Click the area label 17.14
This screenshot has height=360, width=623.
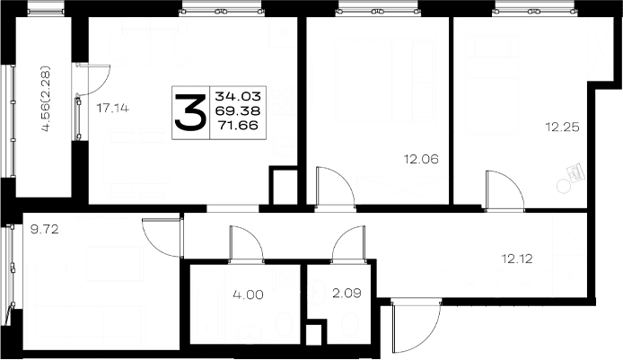pos(113,108)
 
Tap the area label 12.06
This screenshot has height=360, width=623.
pos(421,159)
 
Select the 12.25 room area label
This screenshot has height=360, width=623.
pos(562,127)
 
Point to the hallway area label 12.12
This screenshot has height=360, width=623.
pos(516,259)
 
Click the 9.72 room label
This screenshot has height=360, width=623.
pos(45,229)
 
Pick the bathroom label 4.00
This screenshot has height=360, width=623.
pos(248,294)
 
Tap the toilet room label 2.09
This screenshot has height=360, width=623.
pos(347,294)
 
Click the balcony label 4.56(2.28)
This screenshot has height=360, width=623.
pos(46,99)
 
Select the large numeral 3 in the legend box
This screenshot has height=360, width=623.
pos(190,112)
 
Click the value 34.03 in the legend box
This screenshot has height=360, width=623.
pos(238,96)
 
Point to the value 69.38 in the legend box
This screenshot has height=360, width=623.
pos(238,110)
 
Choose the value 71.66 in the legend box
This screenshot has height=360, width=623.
pos(239,125)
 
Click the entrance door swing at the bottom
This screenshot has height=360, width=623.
pos(416,327)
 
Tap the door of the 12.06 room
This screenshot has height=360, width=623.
pos(335,188)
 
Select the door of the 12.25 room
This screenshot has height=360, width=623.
pos(505,190)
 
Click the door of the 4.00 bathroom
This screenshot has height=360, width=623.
pos(246,244)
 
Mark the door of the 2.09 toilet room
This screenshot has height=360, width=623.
pos(348,244)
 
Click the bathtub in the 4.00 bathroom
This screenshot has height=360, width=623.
pos(207,306)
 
